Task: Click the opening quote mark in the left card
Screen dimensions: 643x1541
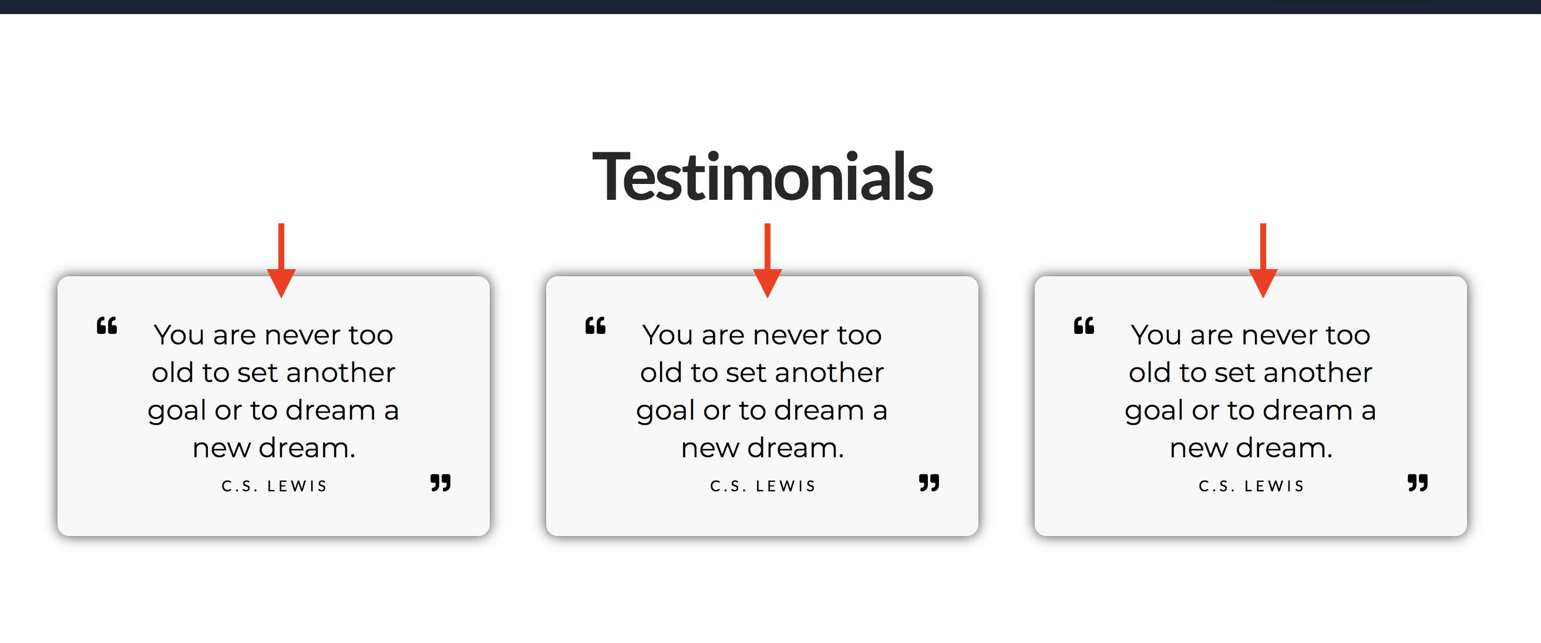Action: (x=107, y=326)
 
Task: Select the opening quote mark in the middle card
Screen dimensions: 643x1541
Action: (x=595, y=326)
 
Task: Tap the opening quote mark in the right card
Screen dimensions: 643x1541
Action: (x=1084, y=326)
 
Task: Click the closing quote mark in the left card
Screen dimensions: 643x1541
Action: (x=440, y=483)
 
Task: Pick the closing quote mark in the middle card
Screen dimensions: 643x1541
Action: (x=929, y=483)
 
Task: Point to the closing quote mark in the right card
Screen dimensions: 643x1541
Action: (x=1418, y=483)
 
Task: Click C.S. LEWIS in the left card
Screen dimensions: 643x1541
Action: (x=275, y=486)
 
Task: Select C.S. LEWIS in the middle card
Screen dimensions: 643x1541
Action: (x=763, y=486)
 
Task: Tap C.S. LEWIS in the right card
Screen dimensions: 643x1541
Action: (x=1251, y=486)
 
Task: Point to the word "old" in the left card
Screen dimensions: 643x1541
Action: (x=173, y=373)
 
